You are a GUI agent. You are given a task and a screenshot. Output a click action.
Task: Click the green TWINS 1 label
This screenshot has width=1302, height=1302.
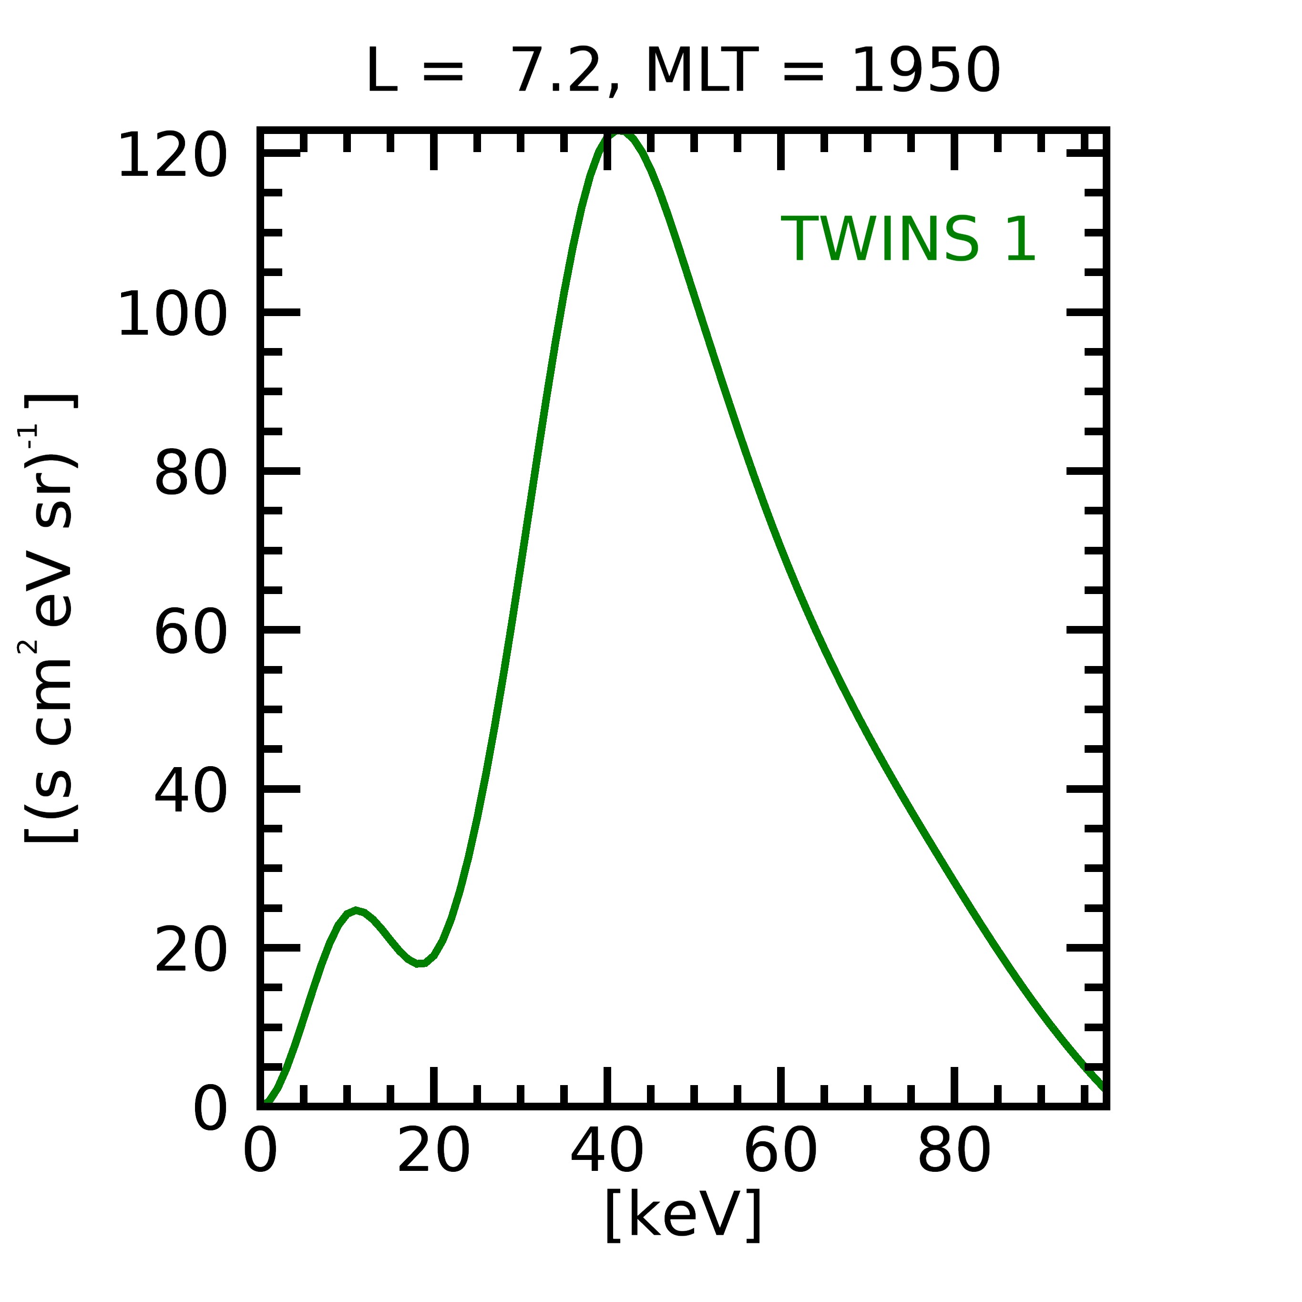tap(908, 240)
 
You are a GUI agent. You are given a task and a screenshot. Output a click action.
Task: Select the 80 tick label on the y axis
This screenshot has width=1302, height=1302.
tap(191, 474)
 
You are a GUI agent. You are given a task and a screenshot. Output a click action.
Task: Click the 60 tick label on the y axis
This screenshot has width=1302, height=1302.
tap(191, 633)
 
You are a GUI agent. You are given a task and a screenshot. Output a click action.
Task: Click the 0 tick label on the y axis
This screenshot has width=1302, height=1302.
tap(210, 1109)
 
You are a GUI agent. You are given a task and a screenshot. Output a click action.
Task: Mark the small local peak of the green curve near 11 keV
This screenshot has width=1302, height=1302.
tap(355, 911)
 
